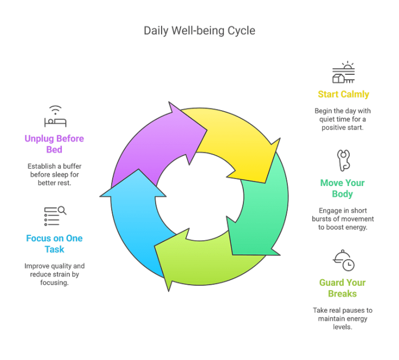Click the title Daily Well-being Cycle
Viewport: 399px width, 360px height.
click(x=199, y=31)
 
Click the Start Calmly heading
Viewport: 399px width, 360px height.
click(x=343, y=94)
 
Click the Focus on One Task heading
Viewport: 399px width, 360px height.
click(x=54, y=243)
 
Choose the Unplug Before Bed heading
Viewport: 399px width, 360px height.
click(x=54, y=144)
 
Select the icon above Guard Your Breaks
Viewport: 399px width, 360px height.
click(x=343, y=260)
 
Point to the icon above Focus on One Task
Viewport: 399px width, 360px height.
click(x=54, y=216)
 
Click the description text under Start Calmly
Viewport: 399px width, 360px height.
click(x=343, y=119)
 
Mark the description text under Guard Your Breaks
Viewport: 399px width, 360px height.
click(x=343, y=318)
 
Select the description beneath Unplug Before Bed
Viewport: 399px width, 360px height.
click(x=54, y=173)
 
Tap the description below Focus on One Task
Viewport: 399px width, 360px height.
click(x=54, y=274)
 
